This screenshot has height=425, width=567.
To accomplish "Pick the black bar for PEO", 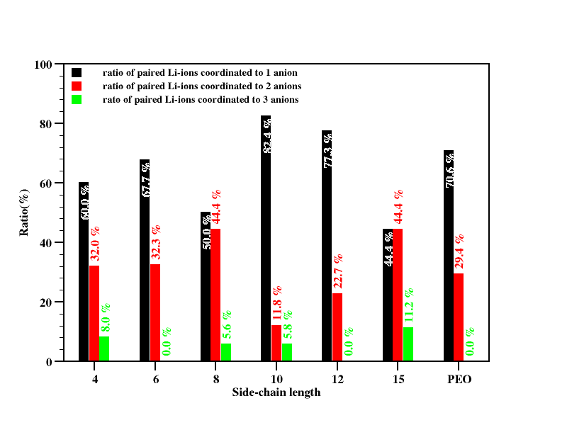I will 449,256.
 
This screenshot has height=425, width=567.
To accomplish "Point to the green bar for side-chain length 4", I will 104,349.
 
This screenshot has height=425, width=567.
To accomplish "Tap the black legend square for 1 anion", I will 77,72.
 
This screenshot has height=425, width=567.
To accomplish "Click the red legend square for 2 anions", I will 77,86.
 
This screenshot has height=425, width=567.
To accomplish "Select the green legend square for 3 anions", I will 77,100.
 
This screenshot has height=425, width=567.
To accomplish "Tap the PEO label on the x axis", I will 459,380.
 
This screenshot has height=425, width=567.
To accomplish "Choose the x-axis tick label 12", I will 337,380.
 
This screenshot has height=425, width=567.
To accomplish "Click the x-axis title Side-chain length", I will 276,392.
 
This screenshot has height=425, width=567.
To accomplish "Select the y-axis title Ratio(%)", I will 23,212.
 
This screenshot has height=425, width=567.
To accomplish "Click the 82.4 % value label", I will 267,135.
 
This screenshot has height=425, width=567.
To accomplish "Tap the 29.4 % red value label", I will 459,251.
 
